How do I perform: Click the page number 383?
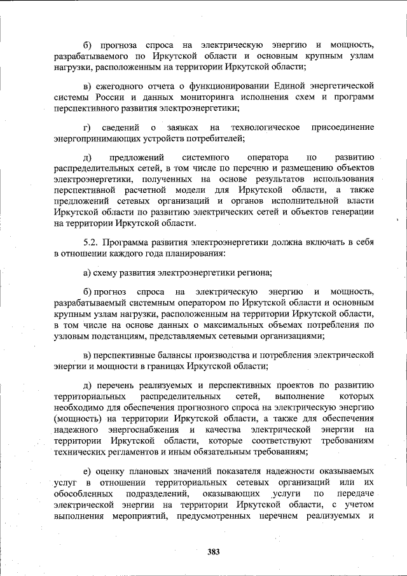click(x=213, y=552)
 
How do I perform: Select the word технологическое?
click(x=266, y=127)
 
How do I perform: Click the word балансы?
click(x=183, y=355)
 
